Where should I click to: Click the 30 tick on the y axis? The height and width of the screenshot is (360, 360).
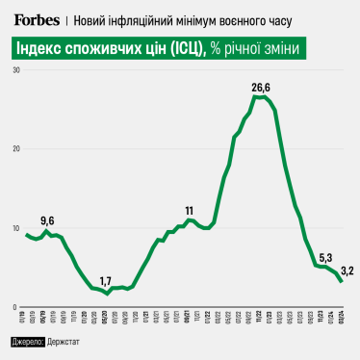click(16, 71)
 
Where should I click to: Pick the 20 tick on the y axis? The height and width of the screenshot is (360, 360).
click(16, 149)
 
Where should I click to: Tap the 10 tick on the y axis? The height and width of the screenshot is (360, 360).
click(16, 228)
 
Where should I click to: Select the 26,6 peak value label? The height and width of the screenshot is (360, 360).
click(262, 88)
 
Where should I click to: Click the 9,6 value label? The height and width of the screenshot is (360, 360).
click(48, 220)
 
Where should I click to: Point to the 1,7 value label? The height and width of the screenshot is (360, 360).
click(106, 280)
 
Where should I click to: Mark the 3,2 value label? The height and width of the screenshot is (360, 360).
click(347, 270)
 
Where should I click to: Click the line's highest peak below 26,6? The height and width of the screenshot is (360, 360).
click(262, 97)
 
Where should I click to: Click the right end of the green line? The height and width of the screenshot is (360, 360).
click(342, 281)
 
